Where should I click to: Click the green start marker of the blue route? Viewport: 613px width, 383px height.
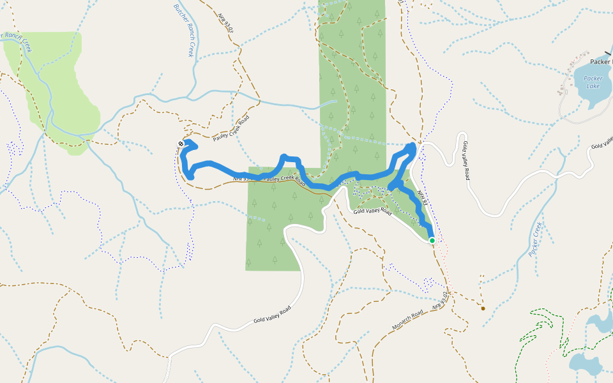click(x=432, y=241)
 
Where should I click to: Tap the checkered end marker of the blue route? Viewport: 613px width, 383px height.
click(x=181, y=144)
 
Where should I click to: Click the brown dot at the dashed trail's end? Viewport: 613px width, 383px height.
click(x=483, y=308)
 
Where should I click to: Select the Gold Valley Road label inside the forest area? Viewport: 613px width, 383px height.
click(x=372, y=211)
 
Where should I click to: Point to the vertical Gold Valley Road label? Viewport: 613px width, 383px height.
click(x=466, y=160)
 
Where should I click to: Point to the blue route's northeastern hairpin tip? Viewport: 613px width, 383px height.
click(x=412, y=147)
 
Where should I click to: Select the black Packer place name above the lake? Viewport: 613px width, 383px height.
click(x=600, y=62)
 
